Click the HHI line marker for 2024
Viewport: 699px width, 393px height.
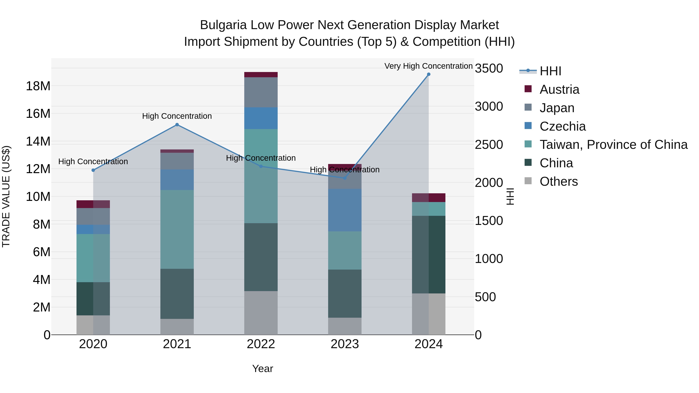(x=429, y=74)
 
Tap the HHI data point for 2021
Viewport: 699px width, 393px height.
(x=177, y=125)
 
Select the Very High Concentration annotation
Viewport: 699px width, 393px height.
(x=429, y=66)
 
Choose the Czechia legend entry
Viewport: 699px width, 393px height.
(x=563, y=126)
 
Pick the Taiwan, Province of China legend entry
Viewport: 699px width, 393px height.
(x=613, y=145)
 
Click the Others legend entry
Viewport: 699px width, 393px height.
(x=558, y=181)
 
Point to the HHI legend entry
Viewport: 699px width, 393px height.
(x=550, y=71)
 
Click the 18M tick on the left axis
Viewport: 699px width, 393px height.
(x=38, y=86)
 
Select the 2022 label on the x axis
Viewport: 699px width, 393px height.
(x=261, y=344)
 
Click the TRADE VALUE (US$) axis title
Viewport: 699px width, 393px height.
(x=6, y=196)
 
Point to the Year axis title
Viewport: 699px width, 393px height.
(x=262, y=369)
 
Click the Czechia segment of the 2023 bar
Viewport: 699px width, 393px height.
(x=345, y=210)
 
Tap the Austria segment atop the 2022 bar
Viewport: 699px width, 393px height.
(x=261, y=75)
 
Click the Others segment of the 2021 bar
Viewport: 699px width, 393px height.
(x=177, y=327)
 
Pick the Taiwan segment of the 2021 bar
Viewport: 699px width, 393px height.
(x=177, y=229)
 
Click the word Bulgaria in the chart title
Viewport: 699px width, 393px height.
(x=223, y=25)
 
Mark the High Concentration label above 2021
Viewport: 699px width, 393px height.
(x=177, y=116)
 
